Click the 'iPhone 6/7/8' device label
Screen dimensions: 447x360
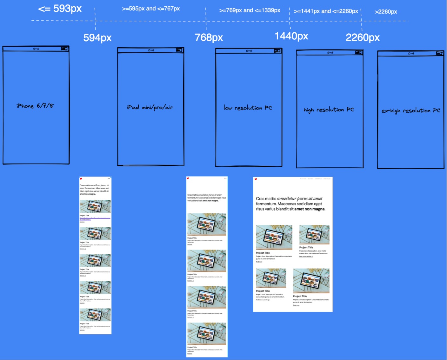(35, 106)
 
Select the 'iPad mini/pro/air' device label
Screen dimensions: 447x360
(150, 107)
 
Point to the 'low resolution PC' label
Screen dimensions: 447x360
(248, 108)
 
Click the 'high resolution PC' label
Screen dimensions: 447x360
(329, 110)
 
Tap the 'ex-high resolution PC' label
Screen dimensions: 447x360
(411, 110)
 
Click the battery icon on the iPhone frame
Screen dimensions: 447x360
(64, 49)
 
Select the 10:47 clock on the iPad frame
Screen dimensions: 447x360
(151, 50)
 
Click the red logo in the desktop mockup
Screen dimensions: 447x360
(256, 179)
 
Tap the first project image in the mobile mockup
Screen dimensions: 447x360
(95, 206)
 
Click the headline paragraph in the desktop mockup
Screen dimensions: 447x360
(290, 204)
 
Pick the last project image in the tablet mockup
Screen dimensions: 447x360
(207, 333)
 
